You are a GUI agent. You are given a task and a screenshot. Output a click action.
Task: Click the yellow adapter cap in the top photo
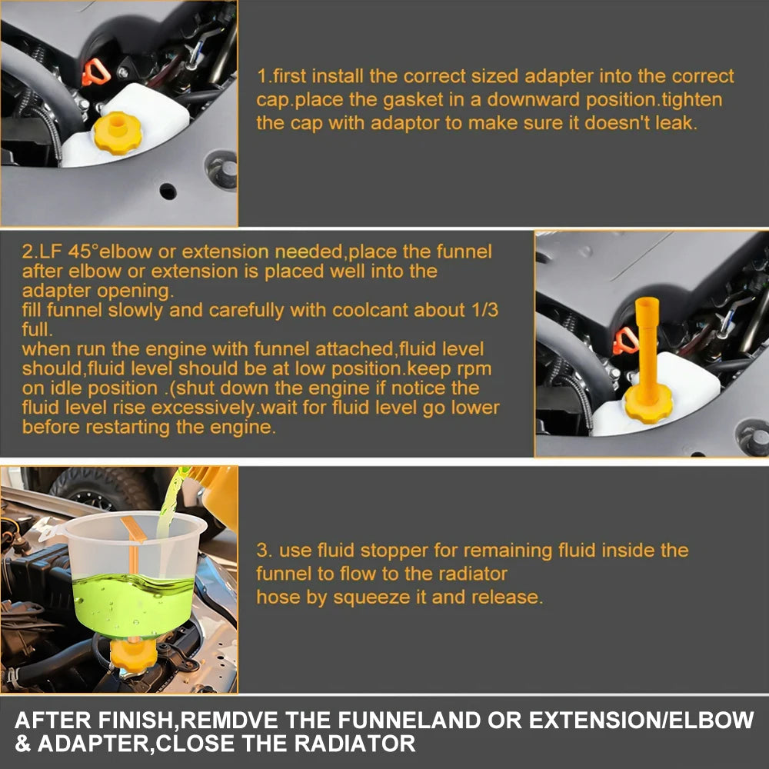tap(117, 133)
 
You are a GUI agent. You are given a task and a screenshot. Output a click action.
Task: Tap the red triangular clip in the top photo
tap(95, 72)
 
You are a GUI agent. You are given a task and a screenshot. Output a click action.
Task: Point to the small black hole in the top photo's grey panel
tap(168, 191)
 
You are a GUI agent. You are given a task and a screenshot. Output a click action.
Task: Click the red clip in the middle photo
tap(624, 341)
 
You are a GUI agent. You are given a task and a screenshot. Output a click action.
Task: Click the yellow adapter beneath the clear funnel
tap(133, 654)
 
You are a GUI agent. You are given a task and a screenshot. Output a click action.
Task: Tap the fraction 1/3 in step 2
tap(484, 310)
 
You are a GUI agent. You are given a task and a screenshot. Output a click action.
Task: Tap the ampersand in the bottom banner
tap(22, 744)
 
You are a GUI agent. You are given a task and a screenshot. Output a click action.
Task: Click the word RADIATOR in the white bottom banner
tap(355, 744)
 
